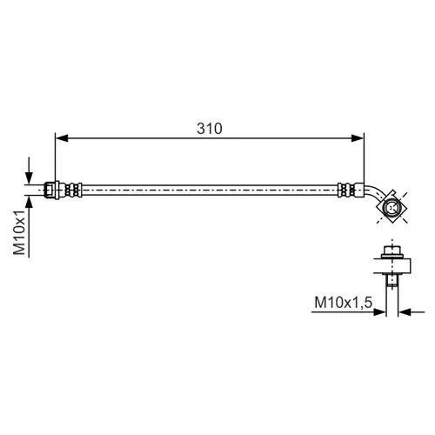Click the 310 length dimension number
coord(210,128)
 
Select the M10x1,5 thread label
coord(344,303)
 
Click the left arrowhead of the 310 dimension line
coord(62,138)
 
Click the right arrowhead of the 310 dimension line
coord(358,138)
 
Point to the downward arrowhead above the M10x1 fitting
coord(29,177)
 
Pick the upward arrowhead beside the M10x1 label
coord(29,202)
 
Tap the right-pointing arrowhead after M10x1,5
coord(379,312)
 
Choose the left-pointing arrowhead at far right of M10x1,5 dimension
coord(405,312)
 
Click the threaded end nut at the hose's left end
coord(50,190)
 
